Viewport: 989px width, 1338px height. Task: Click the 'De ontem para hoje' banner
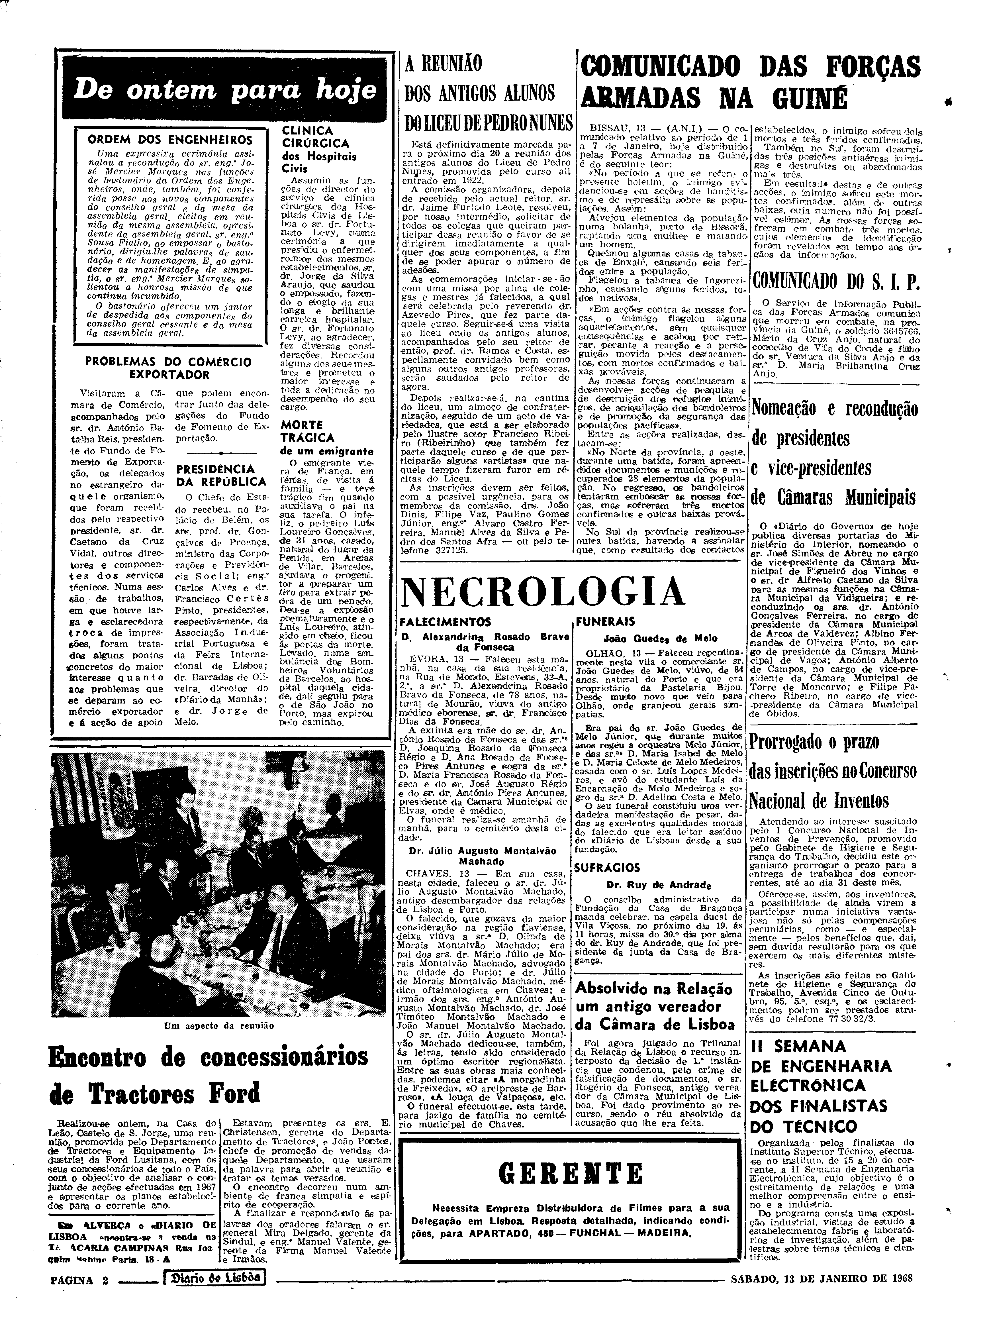pyautogui.click(x=224, y=90)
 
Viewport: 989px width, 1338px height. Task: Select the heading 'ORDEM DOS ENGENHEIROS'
pyautogui.click(x=170, y=141)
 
